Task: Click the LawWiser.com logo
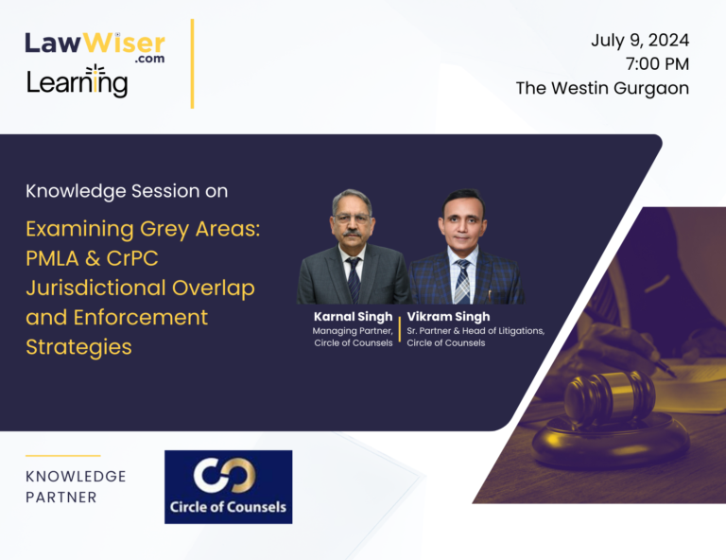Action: [x=95, y=47]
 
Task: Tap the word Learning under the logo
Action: [x=77, y=81]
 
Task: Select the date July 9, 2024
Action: [x=640, y=41]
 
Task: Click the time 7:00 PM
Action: [x=657, y=64]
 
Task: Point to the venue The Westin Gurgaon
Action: [x=602, y=88]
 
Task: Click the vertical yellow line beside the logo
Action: [x=192, y=63]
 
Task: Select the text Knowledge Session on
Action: [x=127, y=191]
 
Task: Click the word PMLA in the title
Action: [x=52, y=258]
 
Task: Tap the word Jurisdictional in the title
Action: [x=95, y=289]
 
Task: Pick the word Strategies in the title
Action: [x=78, y=347]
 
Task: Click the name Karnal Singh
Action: [x=353, y=317]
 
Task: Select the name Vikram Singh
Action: [x=448, y=317]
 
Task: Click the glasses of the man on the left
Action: [x=352, y=219]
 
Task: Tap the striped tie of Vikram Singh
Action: [x=462, y=282]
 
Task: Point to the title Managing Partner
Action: [x=353, y=331]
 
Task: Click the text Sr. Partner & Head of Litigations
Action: [x=475, y=331]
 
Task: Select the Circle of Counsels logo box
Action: [x=228, y=487]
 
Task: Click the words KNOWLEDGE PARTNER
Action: [x=76, y=487]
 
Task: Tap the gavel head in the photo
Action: [x=610, y=396]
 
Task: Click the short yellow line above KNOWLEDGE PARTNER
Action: [x=63, y=456]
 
